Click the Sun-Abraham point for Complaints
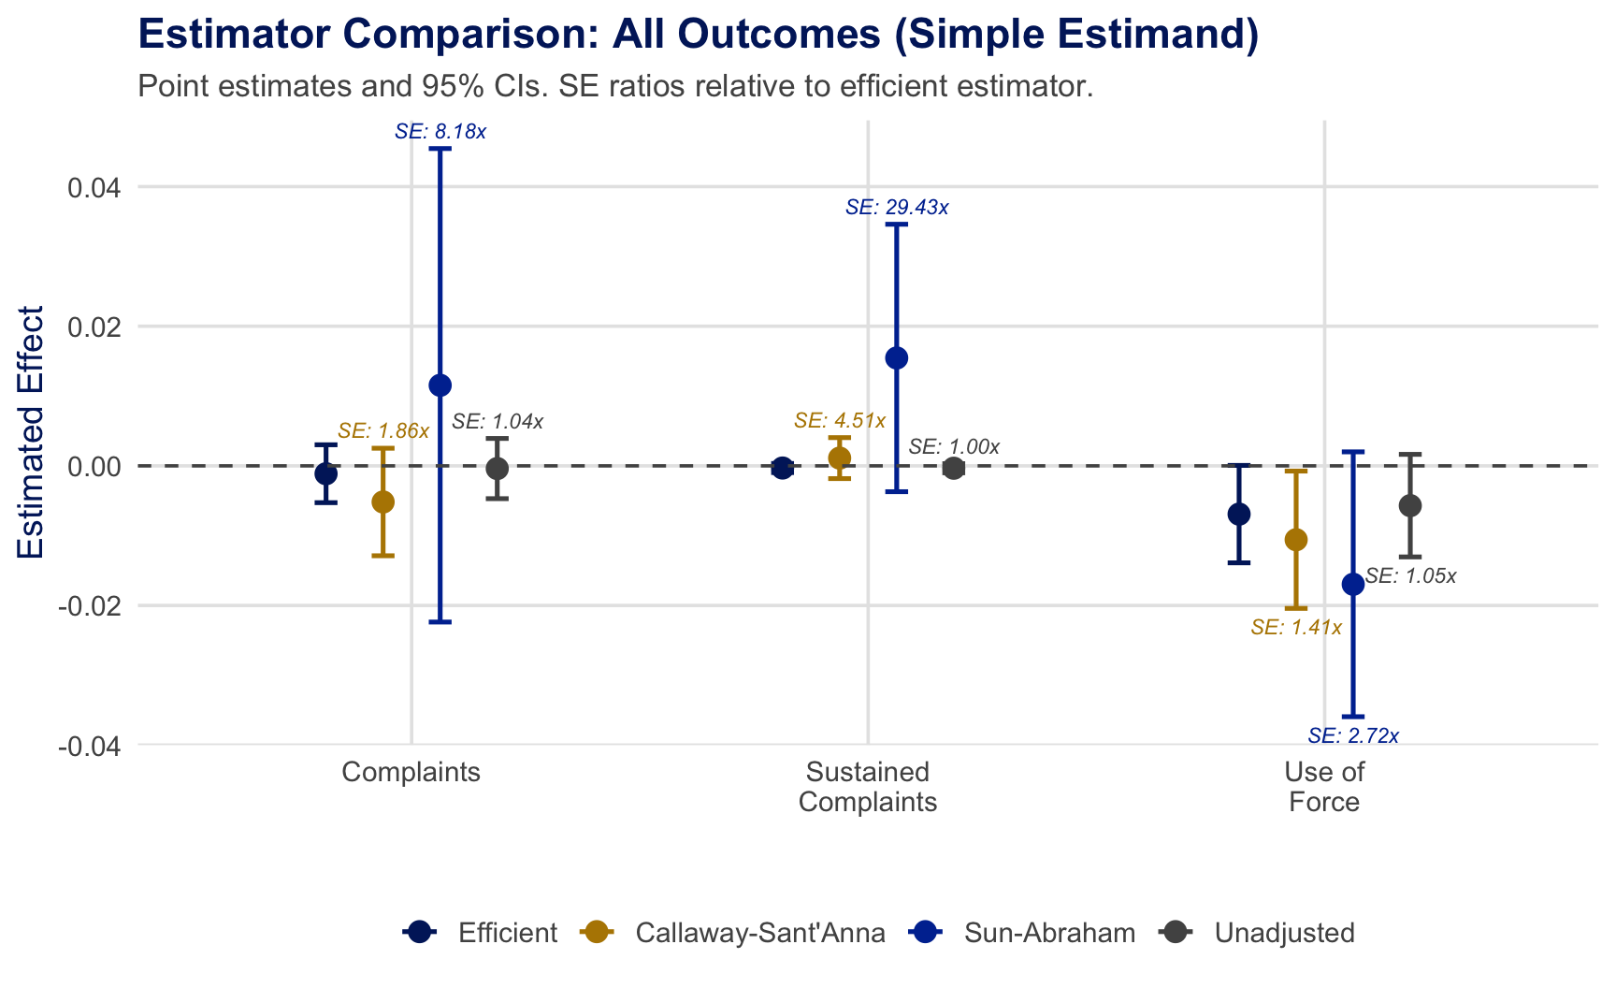(440, 385)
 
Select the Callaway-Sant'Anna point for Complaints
(382, 502)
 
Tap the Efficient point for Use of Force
(1238, 514)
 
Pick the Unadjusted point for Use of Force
(1410, 506)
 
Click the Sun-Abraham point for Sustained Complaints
(896, 358)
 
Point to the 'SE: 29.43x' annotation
(896, 208)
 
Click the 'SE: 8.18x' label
(440, 132)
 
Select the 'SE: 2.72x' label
(1352, 736)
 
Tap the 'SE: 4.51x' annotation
(839, 421)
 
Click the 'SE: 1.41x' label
(1295, 628)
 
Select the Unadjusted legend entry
(1257, 933)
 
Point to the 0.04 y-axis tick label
(94, 188)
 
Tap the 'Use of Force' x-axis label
(1323, 787)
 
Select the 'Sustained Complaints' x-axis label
(867, 787)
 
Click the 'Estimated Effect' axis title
(31, 432)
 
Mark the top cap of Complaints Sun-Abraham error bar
(440, 149)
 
